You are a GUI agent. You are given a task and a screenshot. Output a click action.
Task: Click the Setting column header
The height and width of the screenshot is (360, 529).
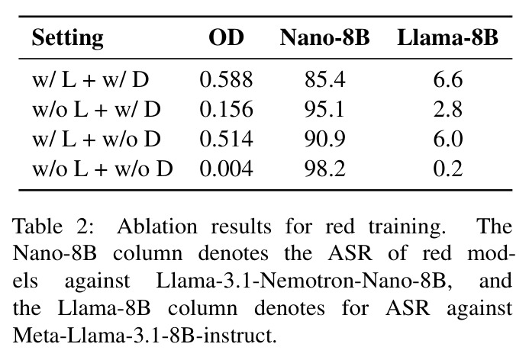(67, 38)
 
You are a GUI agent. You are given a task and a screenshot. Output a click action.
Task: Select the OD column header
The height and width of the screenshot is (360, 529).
(226, 37)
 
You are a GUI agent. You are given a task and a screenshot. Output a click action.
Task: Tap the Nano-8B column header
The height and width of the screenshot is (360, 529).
(324, 37)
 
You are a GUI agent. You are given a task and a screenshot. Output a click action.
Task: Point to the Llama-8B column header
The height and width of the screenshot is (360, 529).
(447, 37)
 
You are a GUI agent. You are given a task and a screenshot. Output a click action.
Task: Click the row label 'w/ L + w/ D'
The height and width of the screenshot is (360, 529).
(90, 80)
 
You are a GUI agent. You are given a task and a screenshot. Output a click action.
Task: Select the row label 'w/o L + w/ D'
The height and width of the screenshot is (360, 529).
(96, 110)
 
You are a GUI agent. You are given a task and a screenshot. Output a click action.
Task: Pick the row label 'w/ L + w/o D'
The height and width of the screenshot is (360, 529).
(96, 139)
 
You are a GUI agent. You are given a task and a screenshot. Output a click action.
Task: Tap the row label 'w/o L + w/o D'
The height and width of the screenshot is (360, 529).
(102, 169)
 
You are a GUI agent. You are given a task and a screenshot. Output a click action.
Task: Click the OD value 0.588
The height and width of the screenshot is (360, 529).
(226, 80)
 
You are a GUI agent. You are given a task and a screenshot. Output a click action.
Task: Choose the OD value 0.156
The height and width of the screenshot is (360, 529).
(226, 110)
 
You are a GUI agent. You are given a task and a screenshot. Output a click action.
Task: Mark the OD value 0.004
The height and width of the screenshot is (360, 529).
(226, 169)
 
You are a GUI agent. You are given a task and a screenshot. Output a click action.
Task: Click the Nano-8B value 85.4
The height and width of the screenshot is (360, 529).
(325, 80)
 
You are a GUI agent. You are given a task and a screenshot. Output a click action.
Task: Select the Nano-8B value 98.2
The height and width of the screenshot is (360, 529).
(325, 169)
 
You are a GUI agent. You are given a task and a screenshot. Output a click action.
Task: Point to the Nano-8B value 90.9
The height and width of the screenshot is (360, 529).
(325, 139)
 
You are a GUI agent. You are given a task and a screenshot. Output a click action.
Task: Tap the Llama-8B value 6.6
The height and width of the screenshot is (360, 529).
(448, 80)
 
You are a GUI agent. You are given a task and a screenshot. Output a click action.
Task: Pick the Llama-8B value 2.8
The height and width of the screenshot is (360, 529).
(448, 110)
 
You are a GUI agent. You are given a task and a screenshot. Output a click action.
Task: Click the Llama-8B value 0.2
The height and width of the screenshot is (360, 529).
(448, 169)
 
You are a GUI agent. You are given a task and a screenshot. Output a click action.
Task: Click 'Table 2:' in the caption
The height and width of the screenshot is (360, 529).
(53, 227)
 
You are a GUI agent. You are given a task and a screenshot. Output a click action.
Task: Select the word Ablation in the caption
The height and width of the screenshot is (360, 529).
(157, 227)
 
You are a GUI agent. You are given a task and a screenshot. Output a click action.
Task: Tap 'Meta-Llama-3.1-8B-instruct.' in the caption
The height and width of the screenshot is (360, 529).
(144, 336)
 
